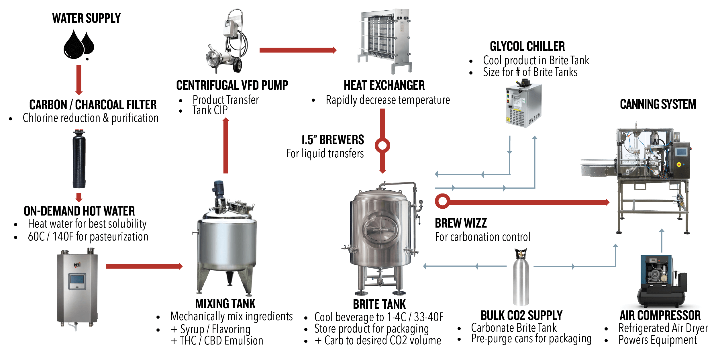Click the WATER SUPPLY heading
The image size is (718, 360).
point(86,18)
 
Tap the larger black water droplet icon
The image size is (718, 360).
point(74,45)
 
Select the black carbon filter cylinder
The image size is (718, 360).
point(79,161)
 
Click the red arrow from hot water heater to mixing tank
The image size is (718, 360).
point(144,266)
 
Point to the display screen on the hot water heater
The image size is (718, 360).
point(77,281)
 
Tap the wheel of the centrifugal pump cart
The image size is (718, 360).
point(237,65)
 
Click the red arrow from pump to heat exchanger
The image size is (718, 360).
point(298,50)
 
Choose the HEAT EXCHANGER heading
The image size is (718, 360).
point(384,85)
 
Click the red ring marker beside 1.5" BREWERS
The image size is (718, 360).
point(382,145)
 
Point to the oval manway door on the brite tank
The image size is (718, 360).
point(380,229)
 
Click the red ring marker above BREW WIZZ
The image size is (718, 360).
point(442,201)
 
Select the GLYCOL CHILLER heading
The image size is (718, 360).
point(527,46)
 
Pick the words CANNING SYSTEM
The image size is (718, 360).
point(658,104)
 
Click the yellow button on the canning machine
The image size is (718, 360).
point(678,165)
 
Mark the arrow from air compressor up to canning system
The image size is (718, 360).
point(662,241)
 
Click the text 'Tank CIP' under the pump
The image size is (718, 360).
point(210,110)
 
